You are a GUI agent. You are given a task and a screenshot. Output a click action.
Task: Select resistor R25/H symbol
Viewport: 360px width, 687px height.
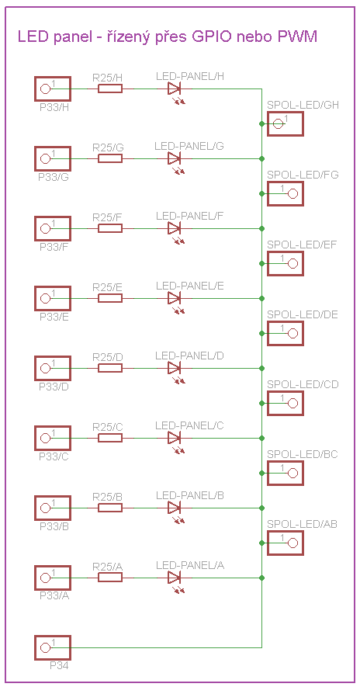pyautogui.click(x=110, y=89)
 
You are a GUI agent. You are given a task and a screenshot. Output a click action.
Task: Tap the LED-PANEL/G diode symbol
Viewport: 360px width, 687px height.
pyautogui.click(x=175, y=158)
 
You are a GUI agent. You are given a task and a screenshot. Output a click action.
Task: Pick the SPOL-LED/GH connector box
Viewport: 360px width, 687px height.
pyautogui.click(x=285, y=124)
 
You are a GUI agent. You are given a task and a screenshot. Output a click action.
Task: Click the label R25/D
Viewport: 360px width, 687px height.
pyautogui.click(x=107, y=356)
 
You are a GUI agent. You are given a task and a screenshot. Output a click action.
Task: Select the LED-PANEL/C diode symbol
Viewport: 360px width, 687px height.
pyautogui.click(x=175, y=438)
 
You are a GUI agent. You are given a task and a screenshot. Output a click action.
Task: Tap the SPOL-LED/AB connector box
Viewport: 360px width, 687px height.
pyautogui.click(x=285, y=543)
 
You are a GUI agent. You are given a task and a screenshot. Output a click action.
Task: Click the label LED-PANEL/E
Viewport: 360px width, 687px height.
pyautogui.click(x=190, y=286)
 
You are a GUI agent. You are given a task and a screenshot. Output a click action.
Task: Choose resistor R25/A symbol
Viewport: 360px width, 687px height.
pyautogui.click(x=110, y=578)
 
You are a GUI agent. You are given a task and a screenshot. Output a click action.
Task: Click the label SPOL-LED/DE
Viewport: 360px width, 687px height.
pyautogui.click(x=302, y=314)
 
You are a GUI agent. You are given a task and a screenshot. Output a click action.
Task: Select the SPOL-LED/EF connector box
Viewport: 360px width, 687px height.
pyautogui.click(x=285, y=263)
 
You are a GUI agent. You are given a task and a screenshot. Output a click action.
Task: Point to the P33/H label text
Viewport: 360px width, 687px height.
pyautogui.click(x=54, y=108)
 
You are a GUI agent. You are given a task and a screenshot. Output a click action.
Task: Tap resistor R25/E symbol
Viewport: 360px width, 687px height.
pyautogui.click(x=110, y=298)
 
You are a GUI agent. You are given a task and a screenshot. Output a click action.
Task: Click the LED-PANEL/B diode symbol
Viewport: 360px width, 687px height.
pyautogui.click(x=175, y=508)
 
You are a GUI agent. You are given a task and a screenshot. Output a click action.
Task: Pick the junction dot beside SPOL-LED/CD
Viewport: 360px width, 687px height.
pyautogui.click(x=262, y=403)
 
